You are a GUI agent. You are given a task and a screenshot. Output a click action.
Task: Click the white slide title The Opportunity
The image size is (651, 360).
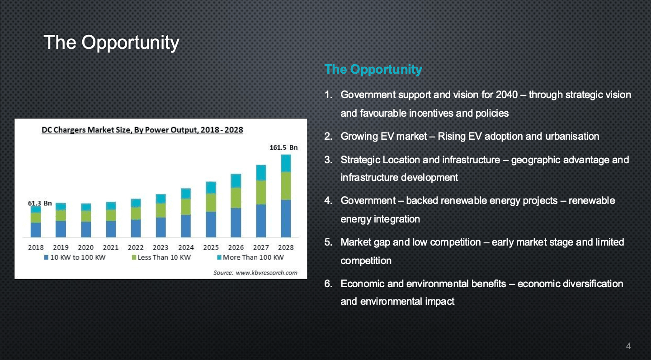coord(111,43)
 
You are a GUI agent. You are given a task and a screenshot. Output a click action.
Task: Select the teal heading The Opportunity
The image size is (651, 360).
coord(373,70)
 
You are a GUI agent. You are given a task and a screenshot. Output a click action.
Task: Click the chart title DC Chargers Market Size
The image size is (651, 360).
coord(142,130)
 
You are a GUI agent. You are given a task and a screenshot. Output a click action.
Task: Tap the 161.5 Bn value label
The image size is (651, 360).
coord(283,147)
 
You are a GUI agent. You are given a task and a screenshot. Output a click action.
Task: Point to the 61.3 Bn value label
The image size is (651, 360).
coord(40,203)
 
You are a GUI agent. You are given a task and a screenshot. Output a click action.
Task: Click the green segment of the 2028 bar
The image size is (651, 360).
coord(286,186)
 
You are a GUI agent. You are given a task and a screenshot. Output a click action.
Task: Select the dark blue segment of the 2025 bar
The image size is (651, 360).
coord(211,224)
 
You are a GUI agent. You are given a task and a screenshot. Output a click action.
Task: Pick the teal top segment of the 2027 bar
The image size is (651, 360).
coord(261,173)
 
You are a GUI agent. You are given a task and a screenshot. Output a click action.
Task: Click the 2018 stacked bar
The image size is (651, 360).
coord(36,222)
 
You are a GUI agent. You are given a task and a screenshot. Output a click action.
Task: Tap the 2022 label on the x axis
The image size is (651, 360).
coord(136,247)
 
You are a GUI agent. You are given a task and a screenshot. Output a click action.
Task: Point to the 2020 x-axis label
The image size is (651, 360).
coord(86,247)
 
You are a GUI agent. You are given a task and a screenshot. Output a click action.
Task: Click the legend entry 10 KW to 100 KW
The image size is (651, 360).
coord(75,257)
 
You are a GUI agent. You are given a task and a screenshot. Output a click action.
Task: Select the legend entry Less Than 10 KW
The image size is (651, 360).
coord(161,257)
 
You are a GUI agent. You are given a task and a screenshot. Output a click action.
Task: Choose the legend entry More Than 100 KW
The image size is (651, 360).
coord(250,257)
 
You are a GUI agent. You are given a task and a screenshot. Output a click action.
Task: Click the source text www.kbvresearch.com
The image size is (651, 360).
coord(267,273)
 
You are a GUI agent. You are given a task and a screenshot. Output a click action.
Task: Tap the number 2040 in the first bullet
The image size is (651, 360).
coord(506,95)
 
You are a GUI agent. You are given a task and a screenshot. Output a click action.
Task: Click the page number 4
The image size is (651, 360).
coord(628,346)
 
